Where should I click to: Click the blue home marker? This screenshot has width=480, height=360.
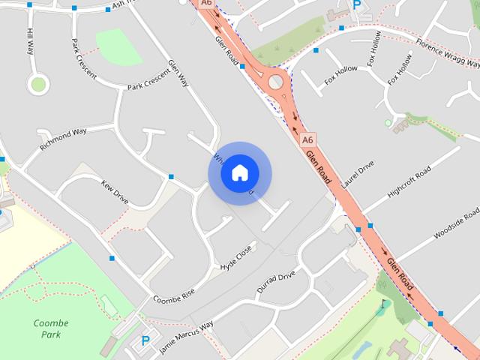239,173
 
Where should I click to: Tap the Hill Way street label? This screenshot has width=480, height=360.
31,42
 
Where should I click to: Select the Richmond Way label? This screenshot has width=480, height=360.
64,138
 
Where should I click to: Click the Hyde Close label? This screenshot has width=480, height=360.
236,256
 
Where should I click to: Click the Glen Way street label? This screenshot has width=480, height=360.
177,74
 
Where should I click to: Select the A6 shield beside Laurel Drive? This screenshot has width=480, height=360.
307,139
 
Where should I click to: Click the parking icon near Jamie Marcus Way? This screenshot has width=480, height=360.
145,340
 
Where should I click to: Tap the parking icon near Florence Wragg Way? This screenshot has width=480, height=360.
357,4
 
